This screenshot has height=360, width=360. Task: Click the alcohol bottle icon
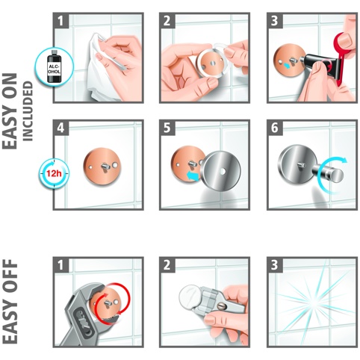[x=55, y=66]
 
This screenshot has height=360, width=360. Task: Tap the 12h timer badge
[x=54, y=173]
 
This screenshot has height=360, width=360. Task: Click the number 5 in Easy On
[x=167, y=128]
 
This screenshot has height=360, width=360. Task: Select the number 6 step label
[x=274, y=128]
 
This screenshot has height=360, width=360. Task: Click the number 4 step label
[x=60, y=128]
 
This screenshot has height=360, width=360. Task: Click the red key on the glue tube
[x=342, y=55]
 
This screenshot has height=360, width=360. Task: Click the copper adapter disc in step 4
[x=102, y=166]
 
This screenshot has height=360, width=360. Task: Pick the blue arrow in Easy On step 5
[x=193, y=176]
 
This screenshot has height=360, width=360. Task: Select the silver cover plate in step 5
[x=221, y=171]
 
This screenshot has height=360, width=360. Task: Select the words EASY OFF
[x=10, y=302]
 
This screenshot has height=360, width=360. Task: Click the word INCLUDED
[x=28, y=111]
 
